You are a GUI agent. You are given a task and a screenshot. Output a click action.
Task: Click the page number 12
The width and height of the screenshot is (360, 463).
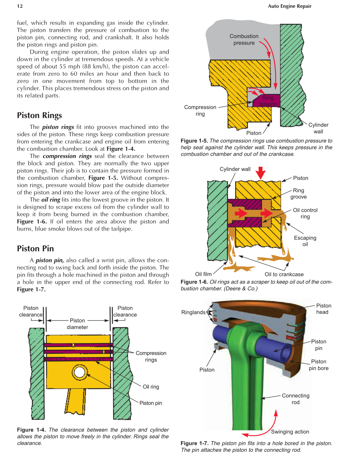coord(20,6)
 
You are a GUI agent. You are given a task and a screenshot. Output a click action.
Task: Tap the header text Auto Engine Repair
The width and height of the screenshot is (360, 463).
coord(289,6)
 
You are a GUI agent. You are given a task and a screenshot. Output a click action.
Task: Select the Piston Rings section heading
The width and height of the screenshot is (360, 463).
coord(39,115)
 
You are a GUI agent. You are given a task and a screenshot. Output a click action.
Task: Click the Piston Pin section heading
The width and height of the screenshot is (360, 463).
coord(35,248)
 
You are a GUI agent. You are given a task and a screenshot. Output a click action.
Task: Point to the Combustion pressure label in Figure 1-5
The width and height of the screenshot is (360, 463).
coord(244,39)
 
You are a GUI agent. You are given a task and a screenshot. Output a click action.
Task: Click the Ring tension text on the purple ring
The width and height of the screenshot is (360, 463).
coord(268,101)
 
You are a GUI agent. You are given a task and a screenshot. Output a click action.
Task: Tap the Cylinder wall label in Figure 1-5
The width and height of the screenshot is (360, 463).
coord(318,128)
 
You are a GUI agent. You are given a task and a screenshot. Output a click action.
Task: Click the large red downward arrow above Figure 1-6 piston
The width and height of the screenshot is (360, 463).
coord(261,173)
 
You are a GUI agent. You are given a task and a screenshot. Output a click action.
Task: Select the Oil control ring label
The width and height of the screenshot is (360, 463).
coord(305,213)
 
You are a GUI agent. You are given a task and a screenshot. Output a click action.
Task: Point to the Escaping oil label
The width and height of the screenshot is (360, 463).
coord(305,241)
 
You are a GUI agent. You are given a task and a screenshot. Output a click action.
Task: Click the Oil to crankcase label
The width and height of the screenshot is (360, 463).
coord(284,274)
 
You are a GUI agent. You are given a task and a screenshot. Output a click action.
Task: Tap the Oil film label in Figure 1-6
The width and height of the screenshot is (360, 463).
coord(203,274)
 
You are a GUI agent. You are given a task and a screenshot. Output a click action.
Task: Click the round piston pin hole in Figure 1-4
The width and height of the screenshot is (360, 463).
coord(79,372)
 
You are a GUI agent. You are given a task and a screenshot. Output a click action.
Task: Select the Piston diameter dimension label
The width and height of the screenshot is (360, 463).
coord(77,324)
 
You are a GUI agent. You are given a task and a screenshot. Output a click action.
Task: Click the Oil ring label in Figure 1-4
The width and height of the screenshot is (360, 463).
coord(151,387)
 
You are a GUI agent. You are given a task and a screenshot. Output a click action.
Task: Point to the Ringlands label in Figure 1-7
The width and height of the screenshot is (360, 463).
coord(193,312)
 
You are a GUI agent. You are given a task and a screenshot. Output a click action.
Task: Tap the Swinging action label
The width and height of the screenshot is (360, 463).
coord(290,432)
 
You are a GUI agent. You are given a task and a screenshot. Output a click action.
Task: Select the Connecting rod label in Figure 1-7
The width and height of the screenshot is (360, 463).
coord(296,399)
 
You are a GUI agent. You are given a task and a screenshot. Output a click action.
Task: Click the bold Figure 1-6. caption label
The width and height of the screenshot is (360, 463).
coord(194,282)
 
